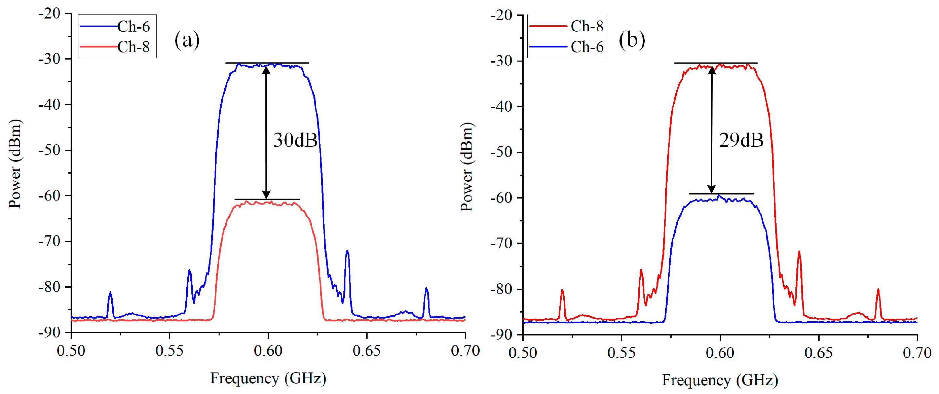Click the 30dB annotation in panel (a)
tap(295, 140)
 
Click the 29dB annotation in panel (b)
tap(741, 140)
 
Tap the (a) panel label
tap(187, 40)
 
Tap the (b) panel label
tap(632, 40)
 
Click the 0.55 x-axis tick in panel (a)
tap(170, 351)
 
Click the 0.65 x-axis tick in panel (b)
tap(818, 352)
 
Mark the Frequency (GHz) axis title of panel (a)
tap(268, 378)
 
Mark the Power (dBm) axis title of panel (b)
tap(466, 167)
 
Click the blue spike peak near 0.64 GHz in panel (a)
tap(347, 251)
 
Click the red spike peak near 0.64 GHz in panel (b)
tap(799, 251)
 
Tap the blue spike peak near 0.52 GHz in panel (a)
tap(110, 292)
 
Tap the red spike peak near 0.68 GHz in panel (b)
tap(878, 289)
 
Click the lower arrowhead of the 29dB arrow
tap(712, 189)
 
